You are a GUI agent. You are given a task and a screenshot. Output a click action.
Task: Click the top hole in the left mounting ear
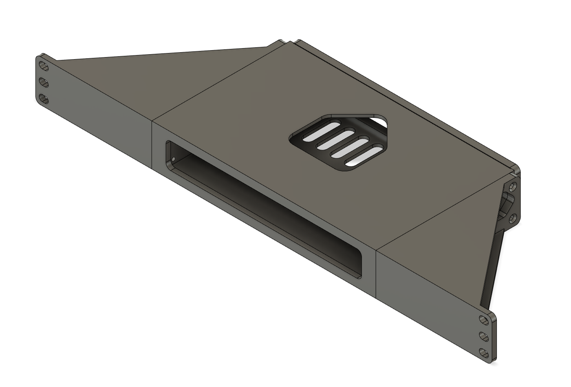[x=43, y=66]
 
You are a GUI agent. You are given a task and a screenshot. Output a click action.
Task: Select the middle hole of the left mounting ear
[x=43, y=83]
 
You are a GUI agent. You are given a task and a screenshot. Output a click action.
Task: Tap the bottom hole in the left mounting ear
[x=43, y=99]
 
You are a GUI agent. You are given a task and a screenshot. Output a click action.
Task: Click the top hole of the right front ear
[x=484, y=321]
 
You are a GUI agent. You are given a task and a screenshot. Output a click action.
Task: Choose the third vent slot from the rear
[x=350, y=148]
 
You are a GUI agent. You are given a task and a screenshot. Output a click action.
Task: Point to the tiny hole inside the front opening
[x=173, y=159]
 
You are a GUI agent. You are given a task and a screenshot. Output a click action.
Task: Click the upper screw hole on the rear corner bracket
[x=512, y=187]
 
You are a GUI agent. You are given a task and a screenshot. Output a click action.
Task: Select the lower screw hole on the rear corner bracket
[x=512, y=219]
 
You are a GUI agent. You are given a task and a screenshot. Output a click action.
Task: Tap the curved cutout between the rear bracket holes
[x=508, y=203]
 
